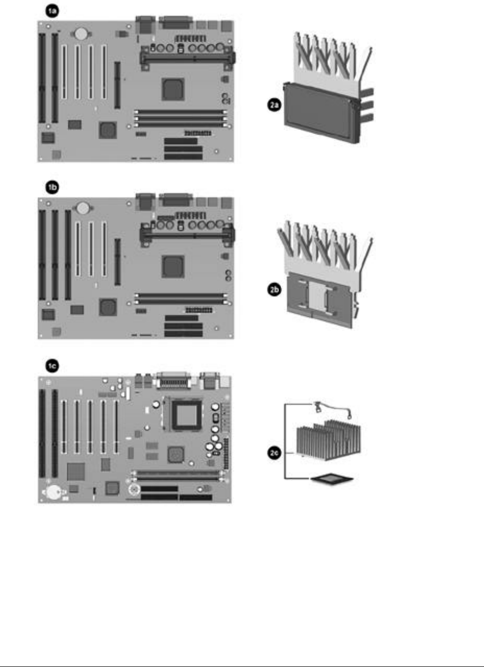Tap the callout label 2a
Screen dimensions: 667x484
(268, 106)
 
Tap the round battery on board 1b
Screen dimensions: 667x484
(82, 208)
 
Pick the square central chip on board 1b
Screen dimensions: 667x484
(172, 266)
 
